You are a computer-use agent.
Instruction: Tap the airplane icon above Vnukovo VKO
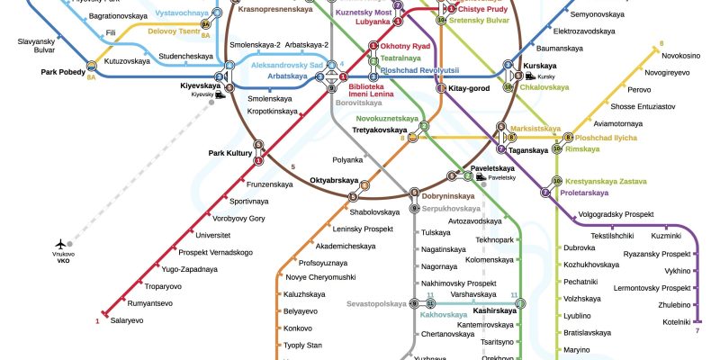[61, 243]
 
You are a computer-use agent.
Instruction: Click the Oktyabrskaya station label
[335, 180]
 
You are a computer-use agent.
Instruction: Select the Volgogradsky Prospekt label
[615, 214]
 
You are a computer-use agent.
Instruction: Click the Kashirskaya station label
[494, 310]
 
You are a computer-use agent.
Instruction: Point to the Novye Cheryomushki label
[320, 276]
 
